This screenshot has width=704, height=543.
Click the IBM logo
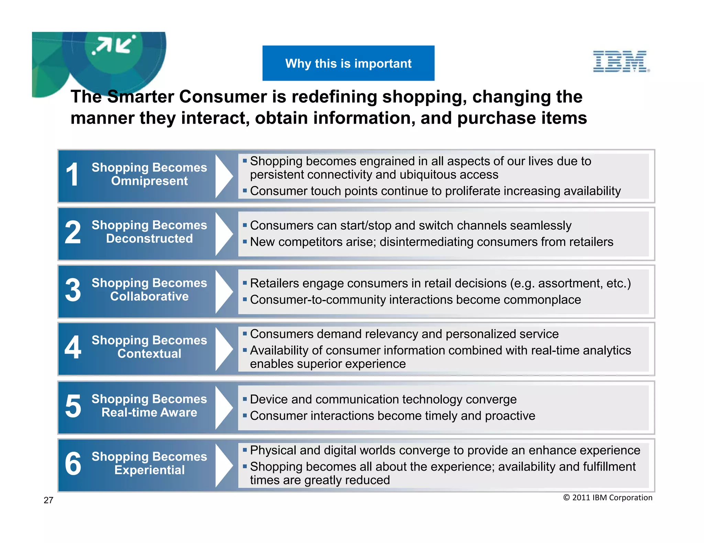[621, 61]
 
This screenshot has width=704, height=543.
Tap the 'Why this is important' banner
[348, 63]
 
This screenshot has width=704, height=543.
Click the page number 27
[48, 500]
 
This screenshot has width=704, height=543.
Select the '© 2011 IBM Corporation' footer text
[607, 498]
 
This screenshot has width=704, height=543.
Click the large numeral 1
[73, 175]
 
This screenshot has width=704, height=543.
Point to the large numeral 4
[73, 347]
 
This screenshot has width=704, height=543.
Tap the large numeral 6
[73, 464]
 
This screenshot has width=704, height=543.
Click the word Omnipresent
[149, 181]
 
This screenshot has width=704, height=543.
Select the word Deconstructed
[149, 239]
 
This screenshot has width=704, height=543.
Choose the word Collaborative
[149, 296]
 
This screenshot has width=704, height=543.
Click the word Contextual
[149, 354]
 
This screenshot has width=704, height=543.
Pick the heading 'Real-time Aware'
[149, 412]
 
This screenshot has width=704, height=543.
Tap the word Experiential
[149, 470]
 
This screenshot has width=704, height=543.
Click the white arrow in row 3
[224, 291]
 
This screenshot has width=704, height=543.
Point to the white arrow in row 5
[224, 407]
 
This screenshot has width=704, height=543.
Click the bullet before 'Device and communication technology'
[245, 399]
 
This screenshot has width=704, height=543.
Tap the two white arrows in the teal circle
[114, 45]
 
